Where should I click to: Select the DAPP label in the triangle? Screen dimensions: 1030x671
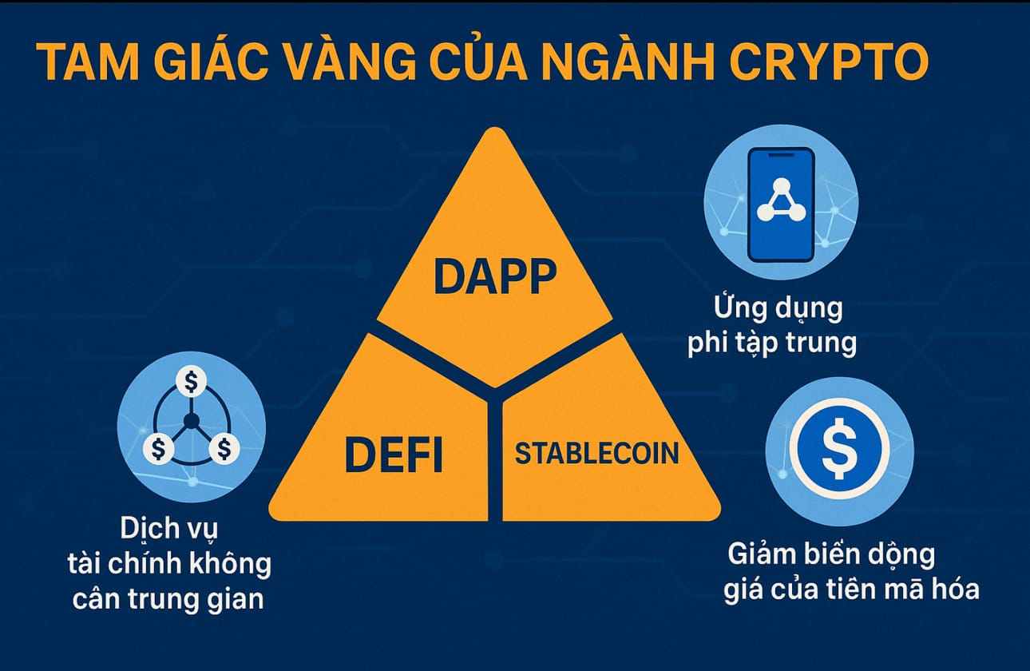tap(495, 276)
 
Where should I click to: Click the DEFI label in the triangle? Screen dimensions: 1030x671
tap(394, 455)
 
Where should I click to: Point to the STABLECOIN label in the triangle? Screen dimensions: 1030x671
tap(597, 454)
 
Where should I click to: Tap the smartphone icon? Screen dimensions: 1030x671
tap(781, 204)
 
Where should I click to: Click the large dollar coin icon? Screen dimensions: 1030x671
tap(840, 449)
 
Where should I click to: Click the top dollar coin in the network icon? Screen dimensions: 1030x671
tap(191, 381)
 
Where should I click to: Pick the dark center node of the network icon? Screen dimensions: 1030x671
tap(191, 420)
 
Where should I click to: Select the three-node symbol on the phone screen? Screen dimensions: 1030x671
tap(781, 201)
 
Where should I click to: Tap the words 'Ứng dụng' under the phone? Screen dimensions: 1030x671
tap(778, 308)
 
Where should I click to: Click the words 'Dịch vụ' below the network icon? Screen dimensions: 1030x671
tap(168, 529)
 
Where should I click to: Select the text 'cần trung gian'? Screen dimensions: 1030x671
tap(168, 599)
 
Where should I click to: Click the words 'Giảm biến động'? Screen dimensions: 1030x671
tap(831, 555)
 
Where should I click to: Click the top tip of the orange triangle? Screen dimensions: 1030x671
tap(495, 128)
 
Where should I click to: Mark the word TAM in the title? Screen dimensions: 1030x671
tap(87, 62)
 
